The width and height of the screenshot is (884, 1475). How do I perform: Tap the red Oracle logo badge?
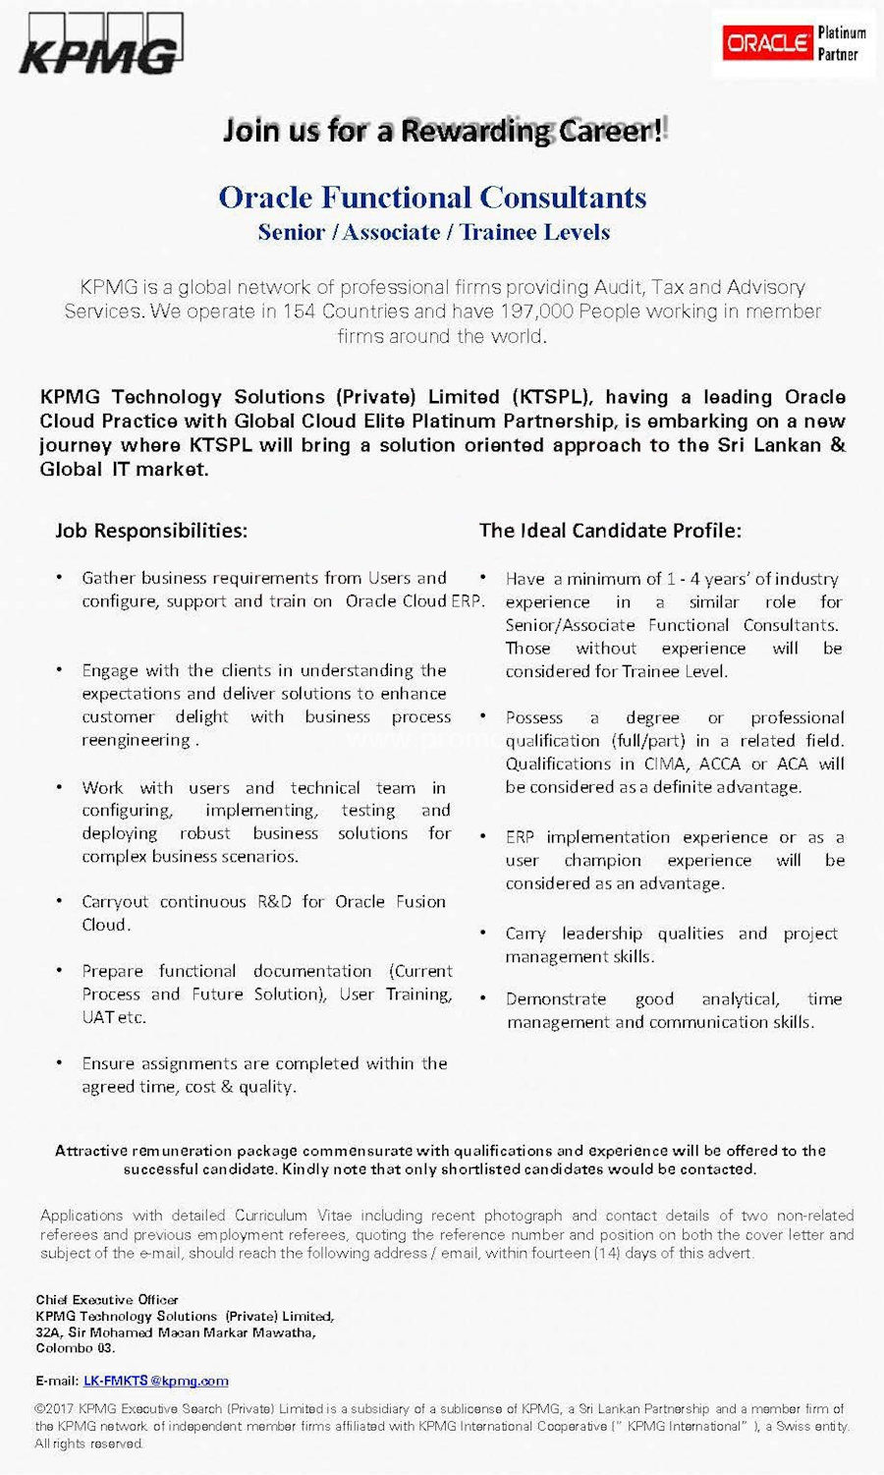(767, 42)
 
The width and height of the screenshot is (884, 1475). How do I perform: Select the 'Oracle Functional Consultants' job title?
(432, 198)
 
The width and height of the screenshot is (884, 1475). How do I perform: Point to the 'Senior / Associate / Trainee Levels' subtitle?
(433, 233)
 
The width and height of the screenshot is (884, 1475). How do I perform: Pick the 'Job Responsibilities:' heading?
(151, 531)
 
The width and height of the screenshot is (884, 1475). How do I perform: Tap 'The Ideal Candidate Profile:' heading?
(610, 531)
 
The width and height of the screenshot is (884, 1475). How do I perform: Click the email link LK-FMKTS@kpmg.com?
(156, 1381)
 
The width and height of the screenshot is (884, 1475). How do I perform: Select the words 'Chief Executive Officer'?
(107, 1299)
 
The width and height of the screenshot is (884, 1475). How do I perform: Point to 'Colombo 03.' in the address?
(76, 1348)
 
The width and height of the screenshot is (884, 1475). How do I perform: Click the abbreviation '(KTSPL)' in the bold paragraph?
(551, 397)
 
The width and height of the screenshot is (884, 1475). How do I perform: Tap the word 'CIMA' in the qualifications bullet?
(666, 764)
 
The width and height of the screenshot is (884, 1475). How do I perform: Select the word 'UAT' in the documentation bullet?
(98, 1017)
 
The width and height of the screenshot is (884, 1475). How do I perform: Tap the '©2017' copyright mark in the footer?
(55, 1408)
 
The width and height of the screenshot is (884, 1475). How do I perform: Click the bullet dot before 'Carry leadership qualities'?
(483, 933)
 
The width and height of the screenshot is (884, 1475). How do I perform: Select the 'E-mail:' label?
(57, 1381)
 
